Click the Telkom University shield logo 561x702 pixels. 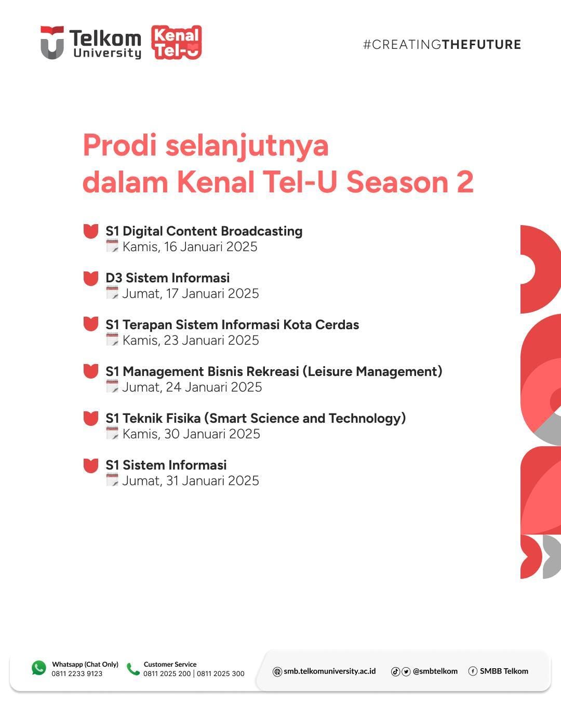click(x=52, y=43)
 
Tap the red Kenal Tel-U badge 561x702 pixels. click(x=177, y=43)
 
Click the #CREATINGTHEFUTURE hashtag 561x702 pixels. click(x=442, y=45)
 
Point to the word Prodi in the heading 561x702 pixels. click(x=119, y=145)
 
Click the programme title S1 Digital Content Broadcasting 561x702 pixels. click(x=204, y=231)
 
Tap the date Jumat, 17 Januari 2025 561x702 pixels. click(x=190, y=294)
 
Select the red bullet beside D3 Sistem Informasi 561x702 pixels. click(x=90, y=278)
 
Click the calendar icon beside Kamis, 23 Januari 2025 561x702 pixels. click(x=112, y=339)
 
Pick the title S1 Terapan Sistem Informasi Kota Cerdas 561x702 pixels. click(x=232, y=324)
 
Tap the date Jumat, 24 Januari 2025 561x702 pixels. click(x=192, y=387)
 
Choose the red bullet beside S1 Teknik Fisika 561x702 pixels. click(x=90, y=419)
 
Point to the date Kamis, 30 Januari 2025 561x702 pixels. click(x=191, y=434)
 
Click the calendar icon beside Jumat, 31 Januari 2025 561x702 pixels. click(x=112, y=479)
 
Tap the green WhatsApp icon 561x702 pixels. click(x=39, y=668)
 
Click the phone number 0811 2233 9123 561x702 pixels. click(x=77, y=673)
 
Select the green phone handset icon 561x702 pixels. click(x=133, y=669)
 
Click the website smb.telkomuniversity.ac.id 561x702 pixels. click(x=329, y=671)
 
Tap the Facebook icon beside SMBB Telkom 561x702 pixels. click(x=473, y=671)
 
